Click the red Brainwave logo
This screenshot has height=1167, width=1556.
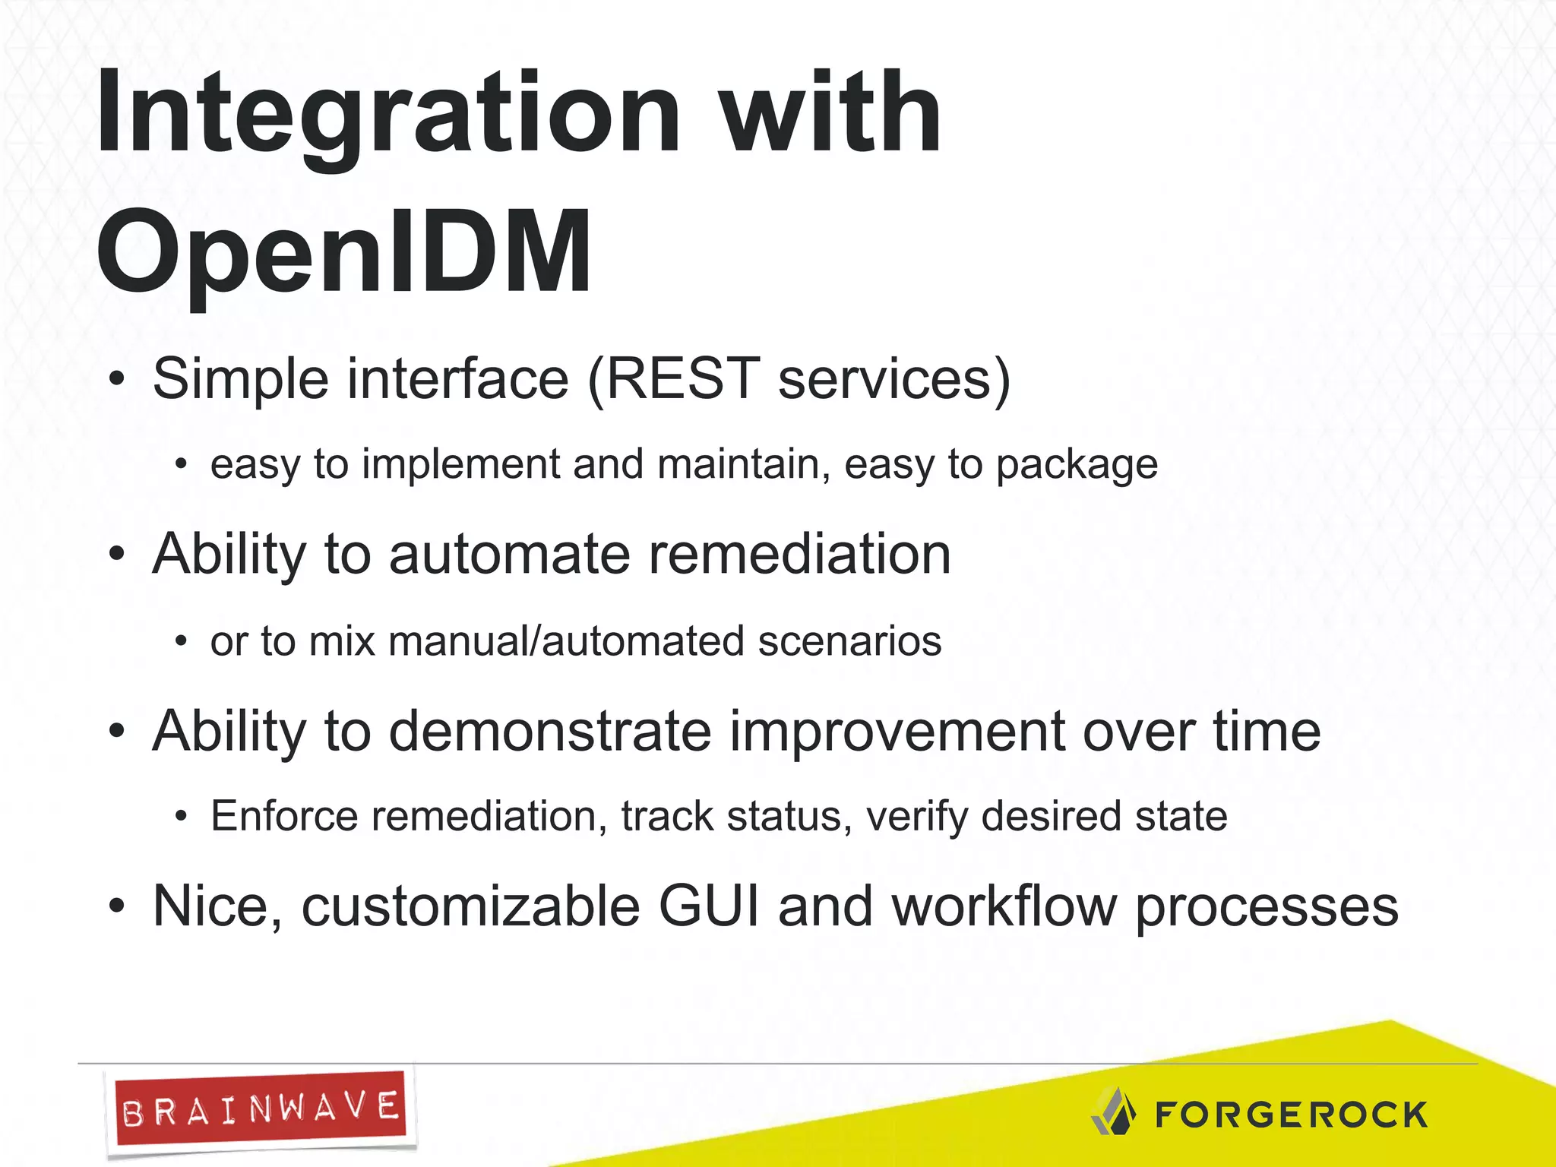click(260, 1110)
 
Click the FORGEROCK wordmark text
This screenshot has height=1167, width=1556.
click(1291, 1115)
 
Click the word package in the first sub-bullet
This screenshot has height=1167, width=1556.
click(1077, 464)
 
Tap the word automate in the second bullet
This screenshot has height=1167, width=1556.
click(509, 554)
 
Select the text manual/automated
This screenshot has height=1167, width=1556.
click(567, 641)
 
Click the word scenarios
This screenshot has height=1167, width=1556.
click(849, 641)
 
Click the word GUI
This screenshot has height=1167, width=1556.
click(709, 906)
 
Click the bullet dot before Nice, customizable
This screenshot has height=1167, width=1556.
click(115, 906)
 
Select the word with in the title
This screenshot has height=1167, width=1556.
click(830, 114)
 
